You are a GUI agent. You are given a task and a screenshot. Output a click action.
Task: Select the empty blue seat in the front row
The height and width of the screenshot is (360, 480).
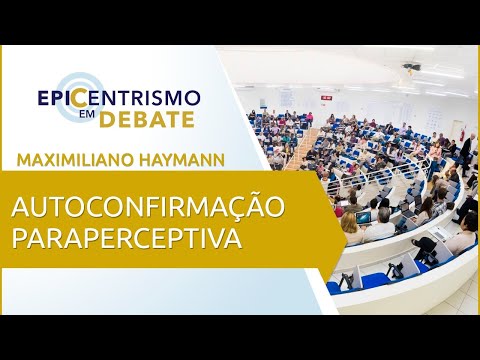375,277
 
